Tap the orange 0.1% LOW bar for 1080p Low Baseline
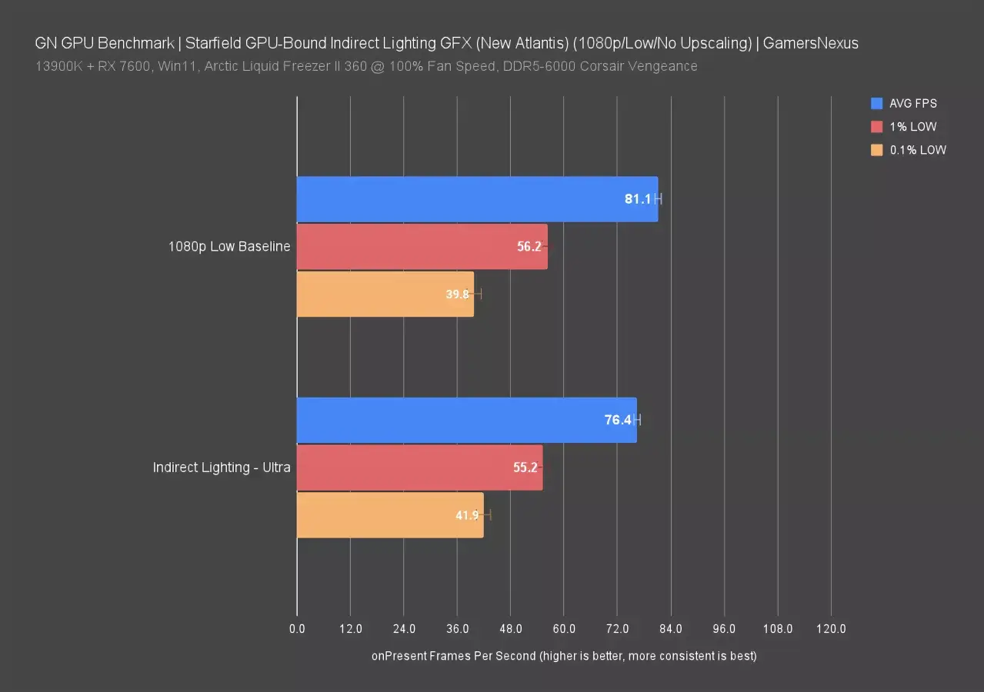point(385,294)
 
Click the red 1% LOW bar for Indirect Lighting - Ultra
point(419,467)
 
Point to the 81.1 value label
point(638,199)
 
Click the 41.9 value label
point(468,515)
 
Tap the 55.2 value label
point(525,467)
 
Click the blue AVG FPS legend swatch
point(876,104)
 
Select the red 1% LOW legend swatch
point(876,127)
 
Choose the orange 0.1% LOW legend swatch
point(876,151)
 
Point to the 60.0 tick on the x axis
point(564,629)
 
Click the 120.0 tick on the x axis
point(831,629)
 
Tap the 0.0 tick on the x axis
point(297,629)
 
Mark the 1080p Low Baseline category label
point(229,247)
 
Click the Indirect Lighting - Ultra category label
point(222,467)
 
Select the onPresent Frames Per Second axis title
point(564,656)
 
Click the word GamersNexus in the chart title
point(811,44)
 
